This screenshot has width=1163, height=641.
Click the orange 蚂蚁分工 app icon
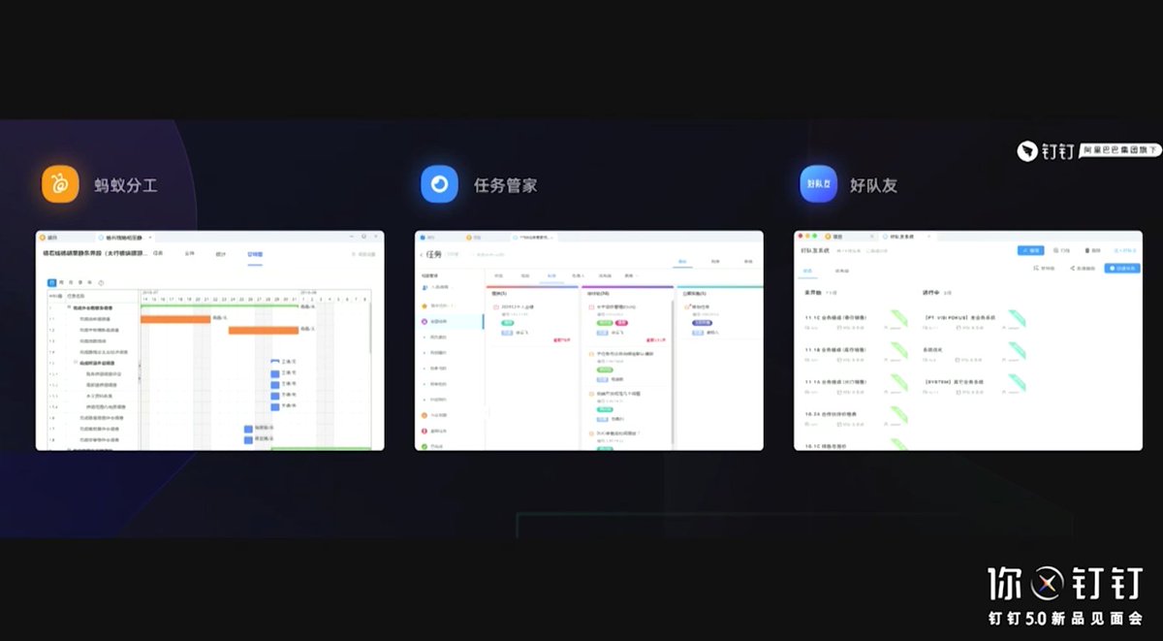tap(59, 184)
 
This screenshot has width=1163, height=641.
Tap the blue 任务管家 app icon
tap(439, 184)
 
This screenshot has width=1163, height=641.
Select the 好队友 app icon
tap(818, 184)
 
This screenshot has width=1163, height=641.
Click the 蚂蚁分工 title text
tap(126, 185)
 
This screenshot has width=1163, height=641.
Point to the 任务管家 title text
tap(505, 185)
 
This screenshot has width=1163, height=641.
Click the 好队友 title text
tap(873, 185)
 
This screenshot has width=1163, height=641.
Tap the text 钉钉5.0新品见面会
tap(1064, 618)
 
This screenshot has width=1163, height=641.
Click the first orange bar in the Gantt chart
tap(175, 318)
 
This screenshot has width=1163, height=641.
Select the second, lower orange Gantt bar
tap(263, 330)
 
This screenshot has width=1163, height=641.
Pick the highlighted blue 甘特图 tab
tap(255, 254)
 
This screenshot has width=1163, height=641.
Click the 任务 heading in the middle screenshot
tap(433, 254)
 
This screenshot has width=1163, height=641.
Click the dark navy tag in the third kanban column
tap(702, 323)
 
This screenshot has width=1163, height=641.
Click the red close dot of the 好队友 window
tap(799, 237)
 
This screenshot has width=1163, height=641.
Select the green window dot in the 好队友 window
tap(814, 237)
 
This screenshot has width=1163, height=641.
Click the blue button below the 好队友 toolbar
tap(1121, 268)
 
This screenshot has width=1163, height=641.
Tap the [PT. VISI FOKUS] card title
tap(960, 317)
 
